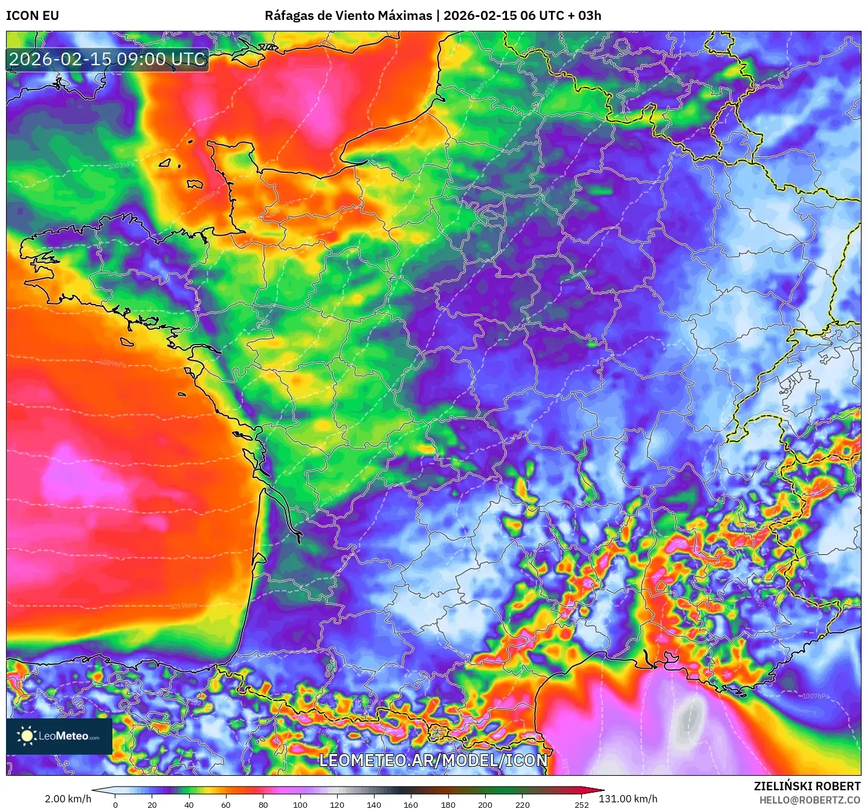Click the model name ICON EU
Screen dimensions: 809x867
(x=33, y=16)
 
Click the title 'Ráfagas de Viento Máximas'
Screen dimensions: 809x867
(x=348, y=16)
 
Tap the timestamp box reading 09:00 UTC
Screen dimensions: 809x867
(x=108, y=59)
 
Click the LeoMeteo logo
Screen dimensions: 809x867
(x=59, y=736)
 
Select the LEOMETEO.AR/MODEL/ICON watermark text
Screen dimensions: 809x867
(x=433, y=760)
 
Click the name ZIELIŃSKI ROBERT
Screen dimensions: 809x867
(x=807, y=786)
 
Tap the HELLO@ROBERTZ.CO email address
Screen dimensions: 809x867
(x=810, y=800)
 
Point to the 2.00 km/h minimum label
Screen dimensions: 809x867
(x=68, y=799)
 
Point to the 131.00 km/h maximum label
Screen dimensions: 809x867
(x=628, y=799)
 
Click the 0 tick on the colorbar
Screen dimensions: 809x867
(x=115, y=804)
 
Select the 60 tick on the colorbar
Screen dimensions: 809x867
(x=226, y=804)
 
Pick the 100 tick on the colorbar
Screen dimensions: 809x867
(x=300, y=804)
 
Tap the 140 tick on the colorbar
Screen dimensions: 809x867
(x=374, y=804)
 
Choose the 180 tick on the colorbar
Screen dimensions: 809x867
(x=448, y=804)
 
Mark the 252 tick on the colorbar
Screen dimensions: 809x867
(x=581, y=804)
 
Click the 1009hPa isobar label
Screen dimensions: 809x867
(x=113, y=364)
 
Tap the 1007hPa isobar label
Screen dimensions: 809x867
(x=816, y=696)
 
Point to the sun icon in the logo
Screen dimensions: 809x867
(x=27, y=736)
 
